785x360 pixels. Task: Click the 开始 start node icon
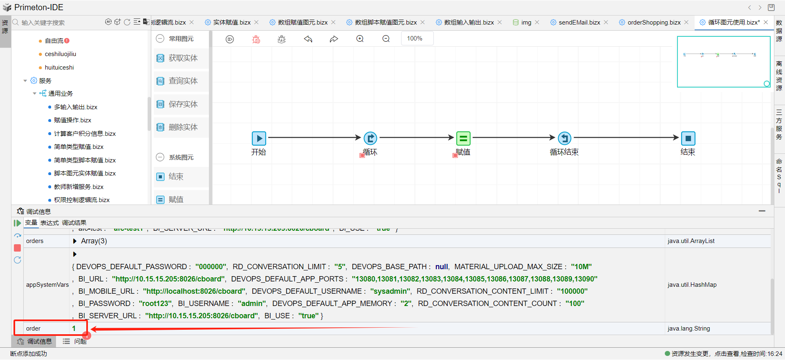coord(259,138)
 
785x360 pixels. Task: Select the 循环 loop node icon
coord(370,138)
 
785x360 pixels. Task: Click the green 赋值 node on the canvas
coord(463,138)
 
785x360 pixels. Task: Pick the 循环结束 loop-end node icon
coord(565,138)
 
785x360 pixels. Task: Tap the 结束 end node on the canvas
coord(688,138)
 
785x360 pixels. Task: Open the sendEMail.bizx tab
coord(579,22)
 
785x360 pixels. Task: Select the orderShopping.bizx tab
coord(654,22)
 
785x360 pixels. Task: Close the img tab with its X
coord(537,22)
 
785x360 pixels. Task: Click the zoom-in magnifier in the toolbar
coord(360,39)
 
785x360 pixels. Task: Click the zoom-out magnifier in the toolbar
coord(386,39)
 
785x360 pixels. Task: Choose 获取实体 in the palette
coord(183,58)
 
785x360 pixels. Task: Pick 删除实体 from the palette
coord(183,127)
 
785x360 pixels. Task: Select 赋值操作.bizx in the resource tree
coord(72,120)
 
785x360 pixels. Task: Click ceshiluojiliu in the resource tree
coord(60,54)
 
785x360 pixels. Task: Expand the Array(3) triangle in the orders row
coord(75,241)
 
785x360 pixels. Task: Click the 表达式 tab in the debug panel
coord(49,223)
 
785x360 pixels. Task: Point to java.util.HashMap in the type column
coord(692,285)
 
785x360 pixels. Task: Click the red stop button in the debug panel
coord(18,248)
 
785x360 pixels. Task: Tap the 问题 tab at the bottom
coord(80,342)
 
